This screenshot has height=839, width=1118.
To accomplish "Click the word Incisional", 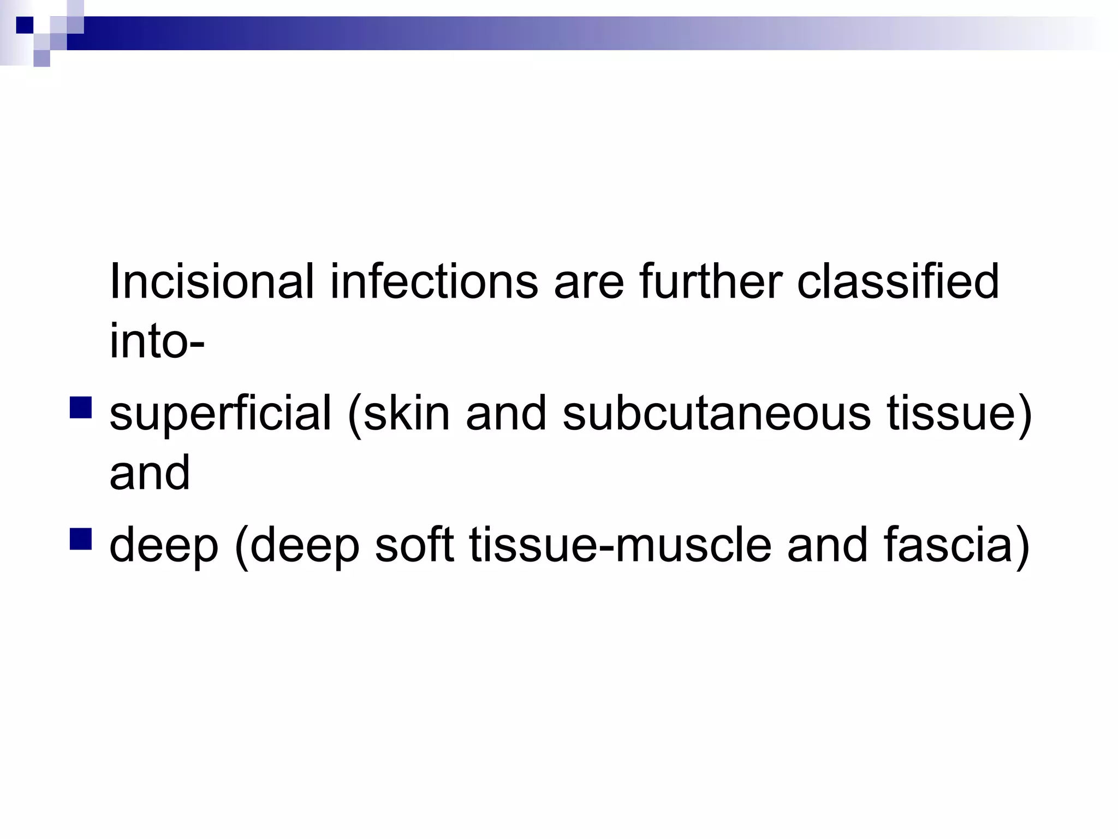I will pos(212,282).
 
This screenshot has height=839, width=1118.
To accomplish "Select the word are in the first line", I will pos(588,282).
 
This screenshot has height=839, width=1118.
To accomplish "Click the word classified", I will pos(898,282).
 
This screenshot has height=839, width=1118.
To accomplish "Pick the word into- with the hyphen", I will pos(157,342).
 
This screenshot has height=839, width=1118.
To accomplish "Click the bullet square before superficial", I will pos(81,407).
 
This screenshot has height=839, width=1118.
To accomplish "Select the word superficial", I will pos(221,413).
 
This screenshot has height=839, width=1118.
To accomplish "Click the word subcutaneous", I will pos(716,413).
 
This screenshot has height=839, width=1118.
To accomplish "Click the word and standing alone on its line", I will pos(150,473).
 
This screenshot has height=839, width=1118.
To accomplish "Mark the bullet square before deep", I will pos(81,539).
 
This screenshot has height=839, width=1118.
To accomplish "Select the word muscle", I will pos(693,545).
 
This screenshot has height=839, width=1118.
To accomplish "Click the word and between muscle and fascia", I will pos(827,545).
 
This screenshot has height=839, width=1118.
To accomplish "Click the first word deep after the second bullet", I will pos(164,545).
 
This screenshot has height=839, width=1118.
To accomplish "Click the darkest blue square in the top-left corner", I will pos(25,25).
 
